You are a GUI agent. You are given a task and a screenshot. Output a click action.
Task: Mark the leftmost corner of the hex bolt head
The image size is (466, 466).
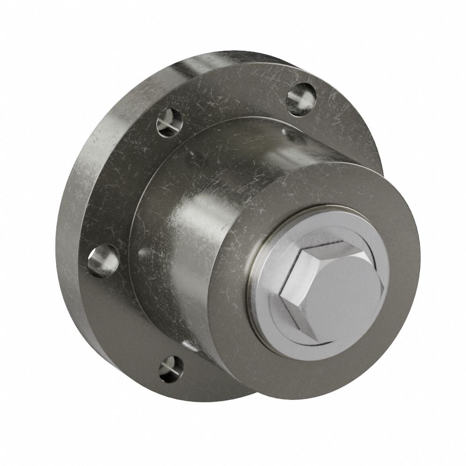coord(281,293)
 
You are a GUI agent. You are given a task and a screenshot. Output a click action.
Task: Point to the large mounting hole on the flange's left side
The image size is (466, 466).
coord(103,261)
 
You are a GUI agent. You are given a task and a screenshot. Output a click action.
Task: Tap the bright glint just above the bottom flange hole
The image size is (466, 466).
coord(186,345)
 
